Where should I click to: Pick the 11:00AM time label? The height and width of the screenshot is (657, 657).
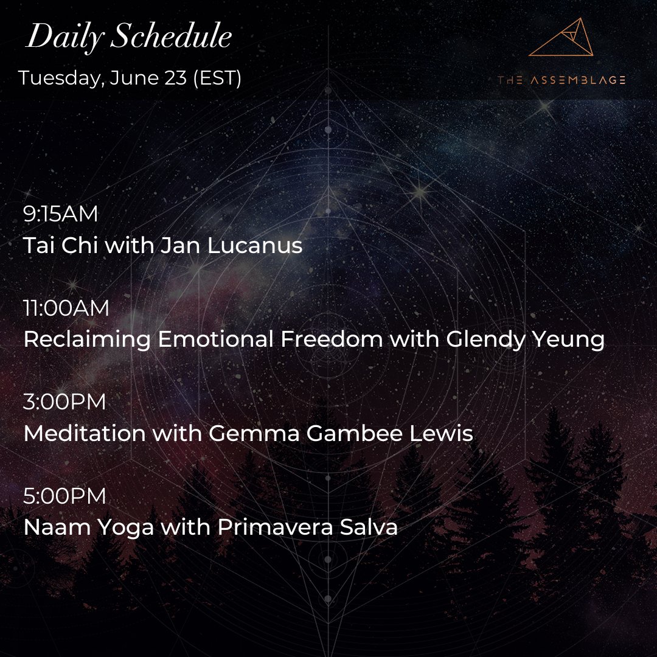tap(66, 308)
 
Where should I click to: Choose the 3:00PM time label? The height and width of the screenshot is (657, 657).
tap(64, 402)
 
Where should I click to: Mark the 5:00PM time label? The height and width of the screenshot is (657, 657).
tap(64, 496)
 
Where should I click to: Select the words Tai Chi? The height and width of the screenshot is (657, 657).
tap(60, 246)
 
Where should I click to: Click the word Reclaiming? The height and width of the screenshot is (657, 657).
tap(87, 340)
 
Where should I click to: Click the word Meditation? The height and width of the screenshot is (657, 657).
tap(84, 434)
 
